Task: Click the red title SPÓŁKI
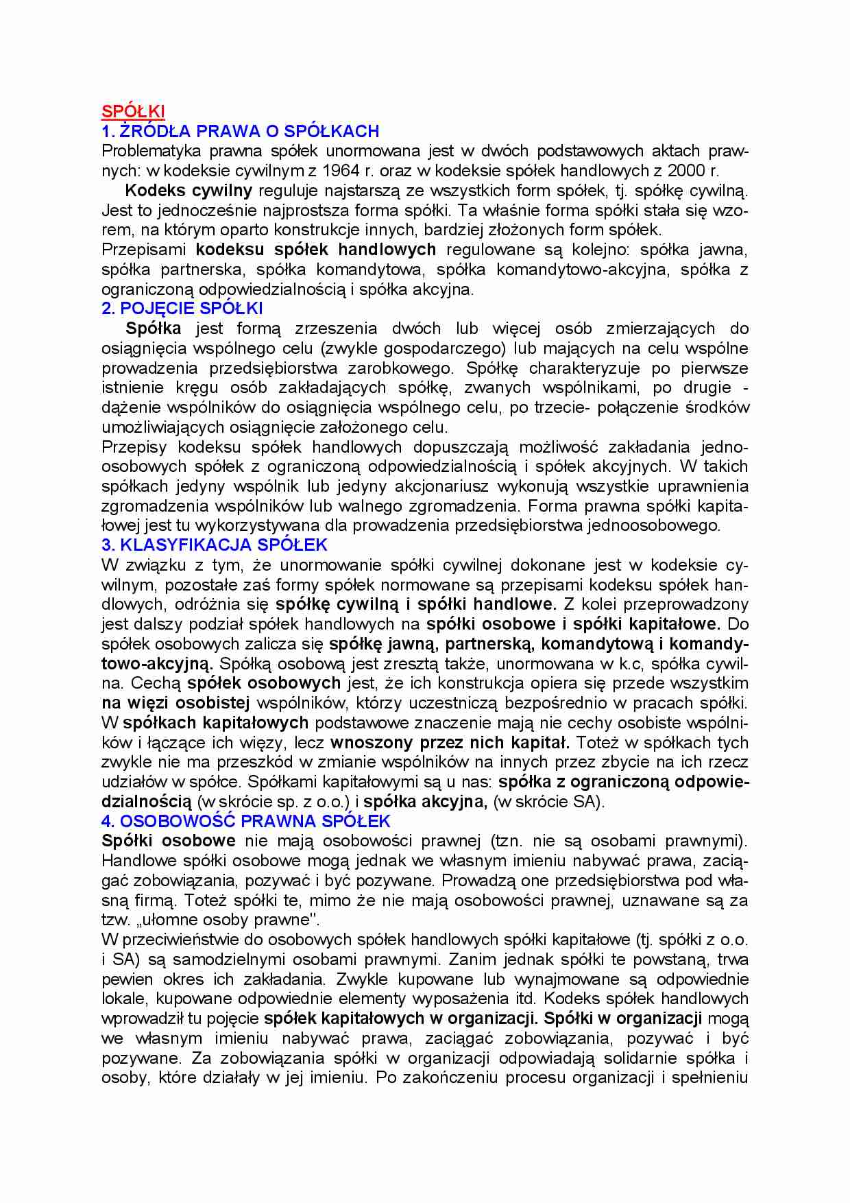click(133, 112)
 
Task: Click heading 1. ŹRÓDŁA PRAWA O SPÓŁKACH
click(240, 132)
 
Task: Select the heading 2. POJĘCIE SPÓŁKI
click(182, 309)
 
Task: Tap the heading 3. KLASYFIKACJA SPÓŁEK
click(214, 545)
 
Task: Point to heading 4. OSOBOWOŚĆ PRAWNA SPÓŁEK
click(245, 821)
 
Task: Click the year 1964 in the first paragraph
click(341, 171)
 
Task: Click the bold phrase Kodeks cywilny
click(189, 191)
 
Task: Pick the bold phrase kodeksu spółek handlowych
click(315, 250)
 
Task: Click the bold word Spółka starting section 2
click(154, 329)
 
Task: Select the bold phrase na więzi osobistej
click(175, 703)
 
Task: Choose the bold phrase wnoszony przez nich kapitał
click(450, 743)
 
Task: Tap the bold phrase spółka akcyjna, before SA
click(425, 802)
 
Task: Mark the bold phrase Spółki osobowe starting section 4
click(168, 841)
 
